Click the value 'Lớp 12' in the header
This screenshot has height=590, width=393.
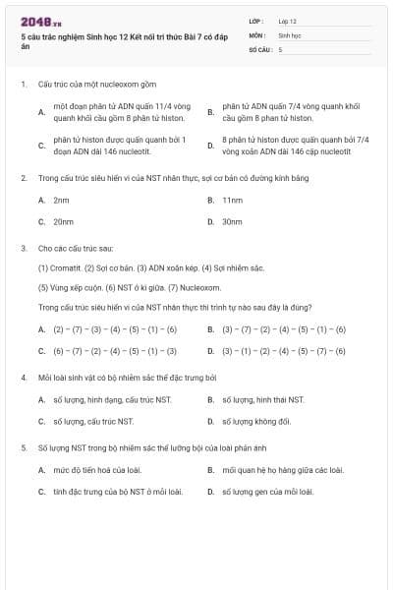tap(287, 21)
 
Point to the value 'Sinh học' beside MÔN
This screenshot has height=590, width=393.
tap(289, 34)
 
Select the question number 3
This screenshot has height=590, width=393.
tap(23, 249)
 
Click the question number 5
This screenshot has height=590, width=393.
tap(23, 447)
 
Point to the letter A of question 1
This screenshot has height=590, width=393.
tap(41, 112)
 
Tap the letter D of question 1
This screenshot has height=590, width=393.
tap(210, 146)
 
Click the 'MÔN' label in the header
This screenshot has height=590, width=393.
tap(257, 34)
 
